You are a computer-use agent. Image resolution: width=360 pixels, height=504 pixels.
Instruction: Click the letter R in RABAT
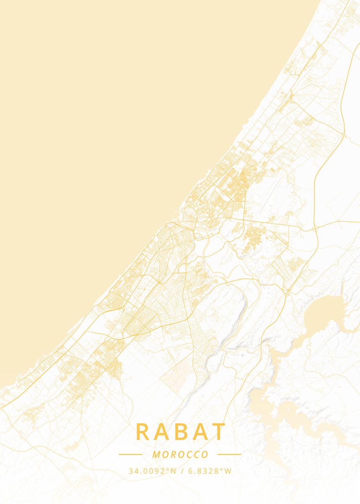click(142, 432)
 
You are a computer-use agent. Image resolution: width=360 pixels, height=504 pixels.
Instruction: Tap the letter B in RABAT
click(180, 432)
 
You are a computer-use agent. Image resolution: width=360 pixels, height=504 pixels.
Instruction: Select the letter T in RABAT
click(219, 432)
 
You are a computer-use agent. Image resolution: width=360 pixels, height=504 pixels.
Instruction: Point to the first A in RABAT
click(161, 432)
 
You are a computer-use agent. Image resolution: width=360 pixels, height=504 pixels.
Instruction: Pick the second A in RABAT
click(199, 432)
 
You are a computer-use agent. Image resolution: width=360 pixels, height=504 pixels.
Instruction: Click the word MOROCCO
click(180, 454)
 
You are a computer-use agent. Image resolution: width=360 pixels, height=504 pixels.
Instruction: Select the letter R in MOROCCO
click(173, 454)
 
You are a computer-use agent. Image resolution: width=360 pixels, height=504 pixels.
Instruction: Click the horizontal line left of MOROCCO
click(130, 454)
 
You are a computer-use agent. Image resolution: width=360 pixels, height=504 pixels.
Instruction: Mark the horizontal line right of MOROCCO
click(229, 454)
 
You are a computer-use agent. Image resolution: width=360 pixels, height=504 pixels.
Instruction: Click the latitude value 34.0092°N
click(152, 471)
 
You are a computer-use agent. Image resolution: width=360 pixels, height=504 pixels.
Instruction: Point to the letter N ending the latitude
click(173, 471)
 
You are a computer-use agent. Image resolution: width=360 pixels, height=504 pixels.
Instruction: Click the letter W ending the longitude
click(229, 471)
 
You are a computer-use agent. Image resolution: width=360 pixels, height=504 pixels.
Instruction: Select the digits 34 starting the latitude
click(132, 471)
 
